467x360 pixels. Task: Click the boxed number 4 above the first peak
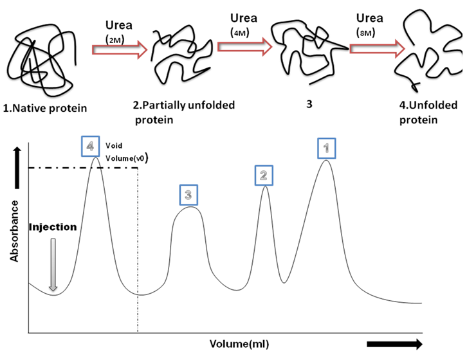click(91, 147)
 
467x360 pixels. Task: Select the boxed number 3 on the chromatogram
click(187, 194)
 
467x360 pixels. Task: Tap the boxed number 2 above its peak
click(263, 174)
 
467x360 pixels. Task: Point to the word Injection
click(53, 227)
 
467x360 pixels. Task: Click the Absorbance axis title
click(14, 231)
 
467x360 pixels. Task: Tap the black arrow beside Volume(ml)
click(395, 343)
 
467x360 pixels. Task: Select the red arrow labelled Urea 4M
click(241, 47)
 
